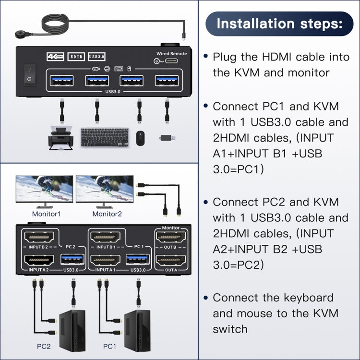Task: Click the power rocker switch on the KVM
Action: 29,74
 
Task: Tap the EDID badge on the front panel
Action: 76,56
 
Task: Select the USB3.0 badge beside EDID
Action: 96,56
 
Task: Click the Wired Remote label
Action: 171,54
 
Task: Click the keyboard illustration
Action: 105,137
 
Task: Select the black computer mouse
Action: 140,138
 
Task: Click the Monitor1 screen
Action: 44,188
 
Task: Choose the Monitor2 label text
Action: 107,214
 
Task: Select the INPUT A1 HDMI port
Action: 108,261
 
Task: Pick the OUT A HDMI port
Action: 171,261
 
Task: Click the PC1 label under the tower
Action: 110,346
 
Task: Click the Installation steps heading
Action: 279,24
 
